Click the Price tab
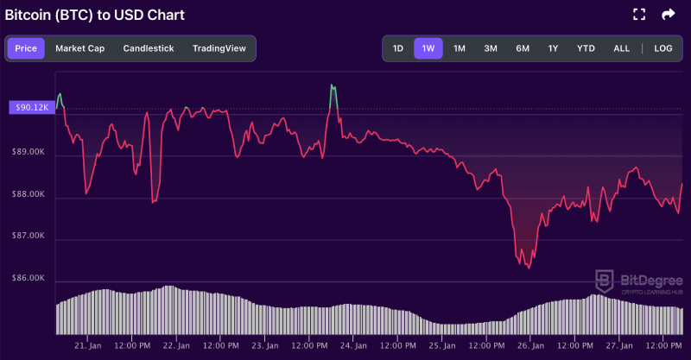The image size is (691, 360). point(26,48)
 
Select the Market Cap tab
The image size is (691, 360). point(79,48)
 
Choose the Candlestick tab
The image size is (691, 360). point(148,48)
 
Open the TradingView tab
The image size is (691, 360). point(219,48)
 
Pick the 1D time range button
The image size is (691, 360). point(398,48)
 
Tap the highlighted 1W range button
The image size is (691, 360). point(428,48)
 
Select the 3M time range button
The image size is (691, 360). point(491,48)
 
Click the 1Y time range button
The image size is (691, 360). point(553,48)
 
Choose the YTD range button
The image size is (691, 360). point(585,48)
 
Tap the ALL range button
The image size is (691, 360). point(621,48)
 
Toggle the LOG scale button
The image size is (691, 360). point(663,48)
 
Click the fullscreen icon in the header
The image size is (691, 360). point(639,15)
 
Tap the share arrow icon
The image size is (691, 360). point(668,15)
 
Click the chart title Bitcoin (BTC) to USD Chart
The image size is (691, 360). point(95,16)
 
